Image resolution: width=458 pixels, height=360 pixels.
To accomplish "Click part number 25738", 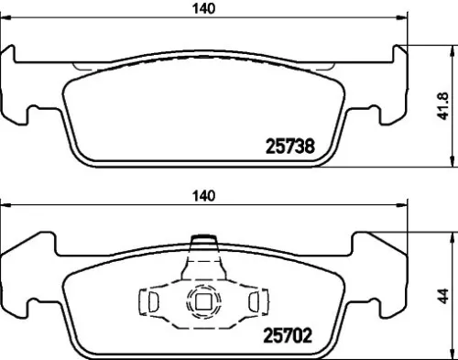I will pos(289,146).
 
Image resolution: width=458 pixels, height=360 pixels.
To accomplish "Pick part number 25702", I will pos(289,336).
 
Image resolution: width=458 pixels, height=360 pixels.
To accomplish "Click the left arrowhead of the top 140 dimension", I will pos(5,20).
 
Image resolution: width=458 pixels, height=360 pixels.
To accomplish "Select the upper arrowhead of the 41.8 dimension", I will pos(448,48).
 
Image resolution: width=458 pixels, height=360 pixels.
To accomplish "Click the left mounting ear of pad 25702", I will pos(20,275).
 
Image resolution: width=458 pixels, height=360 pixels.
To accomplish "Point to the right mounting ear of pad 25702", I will pos(388,275).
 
